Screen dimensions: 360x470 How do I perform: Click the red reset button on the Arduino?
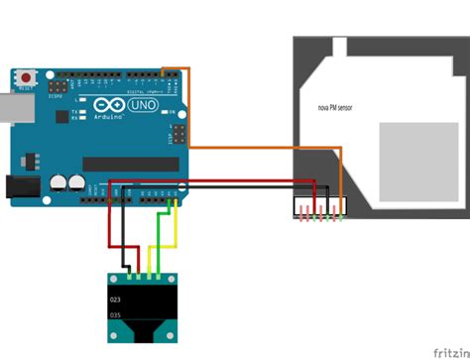point(24,76)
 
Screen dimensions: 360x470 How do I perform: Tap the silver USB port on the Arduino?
point(10,108)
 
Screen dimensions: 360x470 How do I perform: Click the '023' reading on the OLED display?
point(116,299)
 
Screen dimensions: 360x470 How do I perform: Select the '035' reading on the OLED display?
point(116,314)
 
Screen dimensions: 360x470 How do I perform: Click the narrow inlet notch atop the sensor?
point(338,47)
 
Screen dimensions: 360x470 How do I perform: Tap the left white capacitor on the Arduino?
point(59,182)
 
